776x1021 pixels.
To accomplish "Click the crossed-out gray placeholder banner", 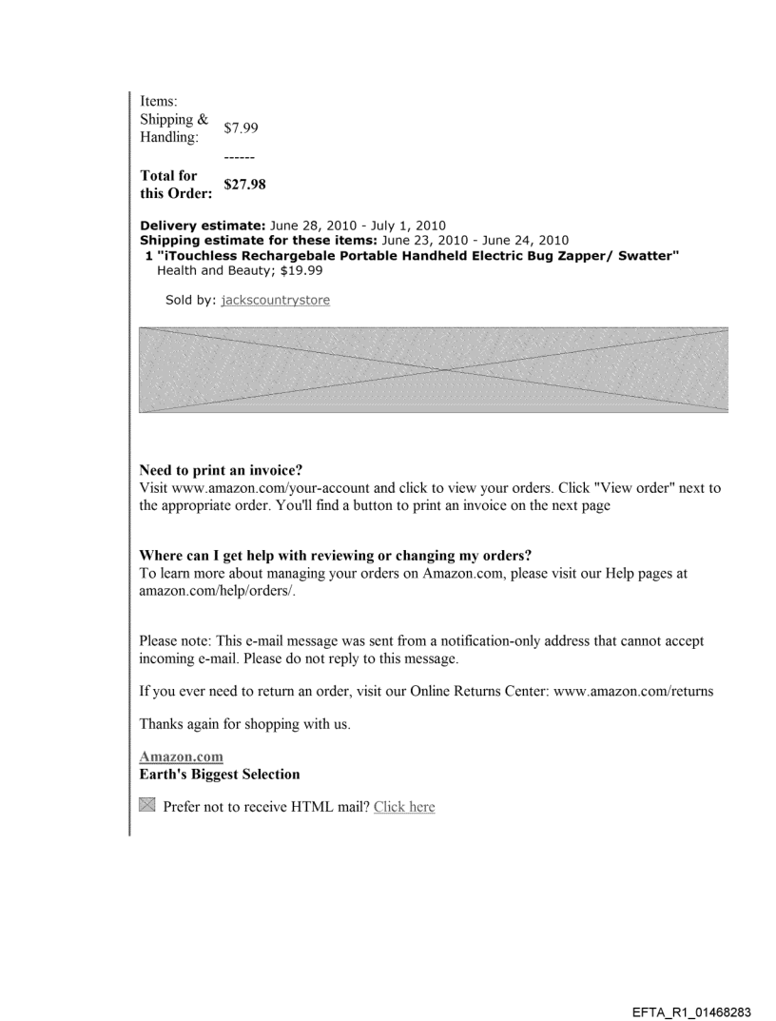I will (x=434, y=369).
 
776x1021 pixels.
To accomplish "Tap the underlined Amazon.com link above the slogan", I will (x=181, y=756).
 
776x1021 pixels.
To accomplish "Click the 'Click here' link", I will (x=404, y=807).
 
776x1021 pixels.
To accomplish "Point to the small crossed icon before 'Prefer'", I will (x=147, y=806).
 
